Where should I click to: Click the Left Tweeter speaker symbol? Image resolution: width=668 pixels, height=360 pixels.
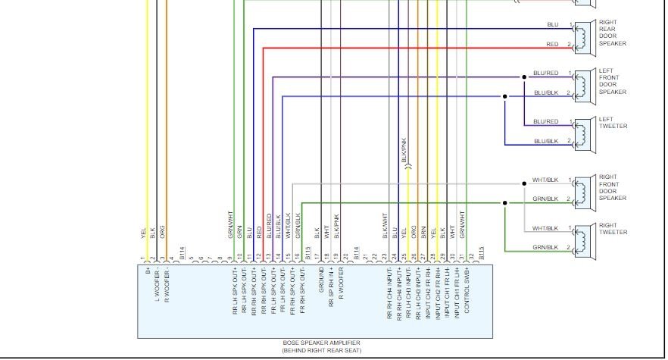pyautogui.click(x=582, y=131)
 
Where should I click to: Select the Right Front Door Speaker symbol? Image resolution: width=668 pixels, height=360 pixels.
pyautogui.click(x=582, y=189)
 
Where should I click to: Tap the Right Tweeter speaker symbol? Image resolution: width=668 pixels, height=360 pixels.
pyautogui.click(x=582, y=238)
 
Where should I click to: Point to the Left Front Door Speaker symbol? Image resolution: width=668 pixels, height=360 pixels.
pyautogui.click(x=582, y=83)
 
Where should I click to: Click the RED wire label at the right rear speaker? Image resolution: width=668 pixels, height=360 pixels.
pyautogui.click(x=552, y=45)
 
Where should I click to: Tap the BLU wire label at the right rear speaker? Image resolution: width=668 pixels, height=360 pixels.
pyautogui.click(x=552, y=25)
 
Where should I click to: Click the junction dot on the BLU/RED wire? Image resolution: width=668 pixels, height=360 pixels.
pyautogui.click(x=523, y=77)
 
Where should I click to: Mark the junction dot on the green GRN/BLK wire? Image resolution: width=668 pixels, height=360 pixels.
pyautogui.click(x=505, y=202)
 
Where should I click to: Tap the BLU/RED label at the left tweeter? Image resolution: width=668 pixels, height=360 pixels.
pyautogui.click(x=545, y=121)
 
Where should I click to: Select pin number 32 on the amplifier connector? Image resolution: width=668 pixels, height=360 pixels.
pyautogui.click(x=470, y=257)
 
